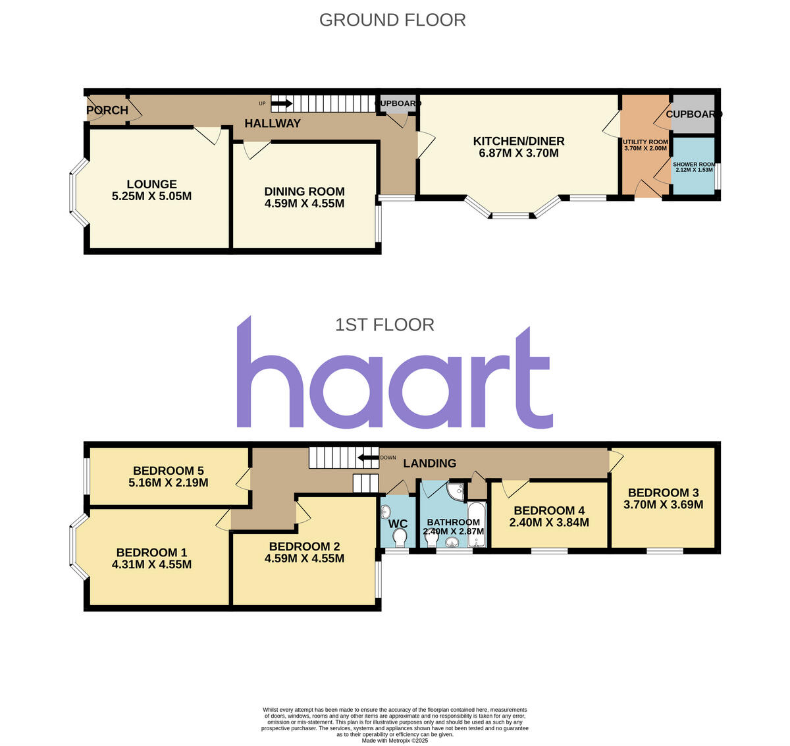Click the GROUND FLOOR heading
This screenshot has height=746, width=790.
(x=392, y=20)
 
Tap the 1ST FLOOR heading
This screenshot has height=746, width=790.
(x=384, y=325)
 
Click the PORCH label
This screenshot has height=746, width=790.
(x=107, y=110)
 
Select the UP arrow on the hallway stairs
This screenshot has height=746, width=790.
(x=282, y=103)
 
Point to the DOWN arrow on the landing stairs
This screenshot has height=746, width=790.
(x=368, y=458)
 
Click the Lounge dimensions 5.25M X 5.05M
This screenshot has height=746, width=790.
(x=152, y=196)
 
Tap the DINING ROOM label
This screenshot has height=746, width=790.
(x=304, y=192)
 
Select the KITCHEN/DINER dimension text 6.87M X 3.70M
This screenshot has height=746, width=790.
(x=519, y=153)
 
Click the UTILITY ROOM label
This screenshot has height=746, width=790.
(x=645, y=142)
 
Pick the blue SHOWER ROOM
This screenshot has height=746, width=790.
(x=694, y=166)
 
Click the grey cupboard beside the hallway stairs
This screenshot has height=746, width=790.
(x=397, y=105)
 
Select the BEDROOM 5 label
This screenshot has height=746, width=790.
(x=169, y=471)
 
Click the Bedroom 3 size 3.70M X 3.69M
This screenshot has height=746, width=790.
(x=663, y=505)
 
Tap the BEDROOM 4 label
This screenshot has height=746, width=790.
(x=549, y=510)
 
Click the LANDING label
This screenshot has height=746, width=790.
(x=429, y=464)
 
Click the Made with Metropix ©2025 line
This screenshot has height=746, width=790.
(x=395, y=741)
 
